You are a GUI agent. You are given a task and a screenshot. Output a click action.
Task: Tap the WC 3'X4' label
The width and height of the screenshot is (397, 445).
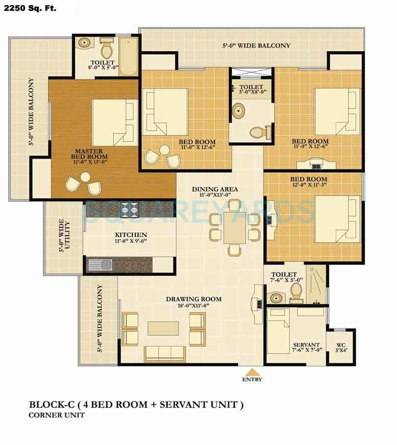341,347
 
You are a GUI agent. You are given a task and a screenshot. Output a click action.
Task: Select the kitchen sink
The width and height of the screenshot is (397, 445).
101,265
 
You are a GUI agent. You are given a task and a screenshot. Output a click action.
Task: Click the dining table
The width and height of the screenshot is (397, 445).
234,227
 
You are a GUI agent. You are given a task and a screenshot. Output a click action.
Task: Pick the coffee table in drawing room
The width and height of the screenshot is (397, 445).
163,328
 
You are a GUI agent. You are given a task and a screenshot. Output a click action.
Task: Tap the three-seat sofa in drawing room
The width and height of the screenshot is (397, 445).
165,353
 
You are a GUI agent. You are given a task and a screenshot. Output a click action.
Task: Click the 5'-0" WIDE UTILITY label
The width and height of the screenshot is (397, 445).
64,236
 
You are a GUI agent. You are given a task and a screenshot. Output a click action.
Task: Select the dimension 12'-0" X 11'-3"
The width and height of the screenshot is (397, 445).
309,185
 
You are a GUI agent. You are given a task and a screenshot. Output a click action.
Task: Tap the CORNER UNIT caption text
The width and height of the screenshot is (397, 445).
56,415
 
